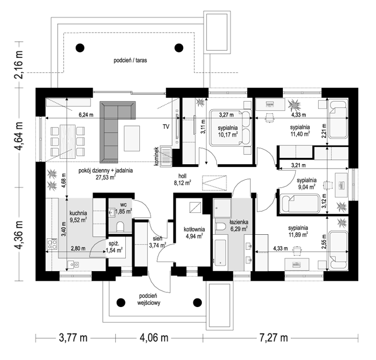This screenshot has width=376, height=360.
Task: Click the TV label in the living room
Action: click(166, 126)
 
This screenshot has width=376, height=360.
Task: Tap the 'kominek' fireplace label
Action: click(156, 157)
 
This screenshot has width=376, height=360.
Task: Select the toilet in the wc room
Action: click(120, 226)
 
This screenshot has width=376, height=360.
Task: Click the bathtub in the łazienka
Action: click(220, 252)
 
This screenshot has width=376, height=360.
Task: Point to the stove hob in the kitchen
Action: click(52, 244)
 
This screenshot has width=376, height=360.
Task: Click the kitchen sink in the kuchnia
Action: click(73, 264)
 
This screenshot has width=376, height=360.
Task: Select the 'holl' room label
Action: click(182, 176)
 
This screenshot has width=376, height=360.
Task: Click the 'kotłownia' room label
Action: click(194, 229)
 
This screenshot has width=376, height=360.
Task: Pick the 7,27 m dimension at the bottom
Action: click(274, 338)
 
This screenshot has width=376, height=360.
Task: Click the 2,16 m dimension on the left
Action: click(19, 64)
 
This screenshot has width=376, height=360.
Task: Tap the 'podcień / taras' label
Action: click(130, 60)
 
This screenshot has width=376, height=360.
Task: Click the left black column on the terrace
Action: click(80, 48)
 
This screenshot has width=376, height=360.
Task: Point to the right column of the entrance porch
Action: click(197, 302)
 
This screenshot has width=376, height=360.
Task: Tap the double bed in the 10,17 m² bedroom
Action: click(230, 127)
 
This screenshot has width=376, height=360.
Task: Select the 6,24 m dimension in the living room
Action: click(86, 114)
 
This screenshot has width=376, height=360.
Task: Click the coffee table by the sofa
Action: click(132, 139)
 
